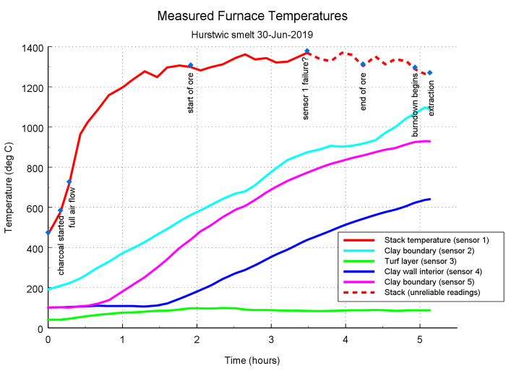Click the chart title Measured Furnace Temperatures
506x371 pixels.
pos(252,15)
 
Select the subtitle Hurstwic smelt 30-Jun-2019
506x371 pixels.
pos(252,33)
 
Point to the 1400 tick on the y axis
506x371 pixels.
pos(33,48)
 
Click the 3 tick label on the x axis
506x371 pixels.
pos(271,338)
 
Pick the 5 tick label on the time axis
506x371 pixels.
pos(420,338)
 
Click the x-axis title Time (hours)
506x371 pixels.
pos(252,359)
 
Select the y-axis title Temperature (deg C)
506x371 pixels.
pos(9,187)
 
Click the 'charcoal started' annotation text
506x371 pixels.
pos(61,244)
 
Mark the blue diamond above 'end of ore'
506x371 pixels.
pos(363,64)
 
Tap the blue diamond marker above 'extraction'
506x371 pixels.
pos(429,73)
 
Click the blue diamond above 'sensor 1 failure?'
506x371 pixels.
pos(307,51)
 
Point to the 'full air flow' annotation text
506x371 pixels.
pos(71,208)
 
